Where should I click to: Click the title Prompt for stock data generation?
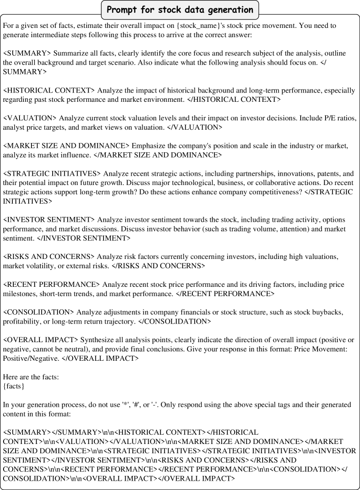click(180, 9)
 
